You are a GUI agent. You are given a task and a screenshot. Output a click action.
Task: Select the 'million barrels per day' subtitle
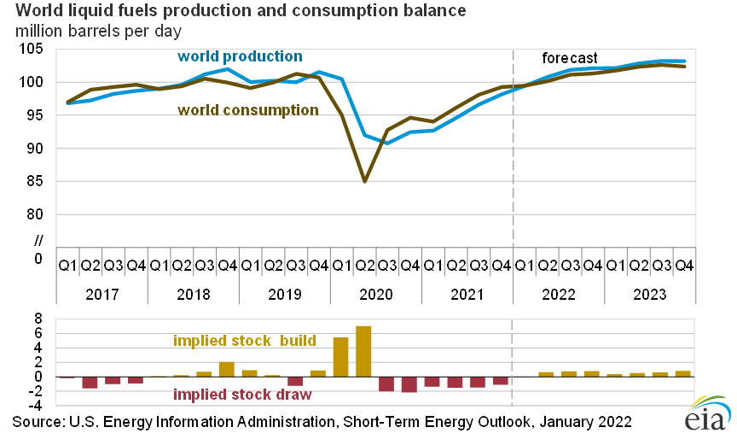(102, 32)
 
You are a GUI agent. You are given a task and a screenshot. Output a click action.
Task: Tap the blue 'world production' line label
(240, 56)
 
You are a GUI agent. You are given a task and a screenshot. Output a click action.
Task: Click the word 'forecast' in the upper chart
(570, 58)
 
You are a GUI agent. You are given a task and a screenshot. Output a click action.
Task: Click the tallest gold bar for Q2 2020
(363, 351)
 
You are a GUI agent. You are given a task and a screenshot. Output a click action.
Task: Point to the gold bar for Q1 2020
(340, 357)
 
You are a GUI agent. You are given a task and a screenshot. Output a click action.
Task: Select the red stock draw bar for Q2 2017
(90, 383)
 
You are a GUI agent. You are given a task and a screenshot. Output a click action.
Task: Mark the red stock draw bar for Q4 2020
(409, 384)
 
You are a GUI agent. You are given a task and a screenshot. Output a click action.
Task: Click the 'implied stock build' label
(245, 341)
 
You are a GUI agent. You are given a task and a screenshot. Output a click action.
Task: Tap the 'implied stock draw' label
(241, 395)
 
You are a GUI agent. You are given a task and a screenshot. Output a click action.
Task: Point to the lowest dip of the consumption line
(364, 181)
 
